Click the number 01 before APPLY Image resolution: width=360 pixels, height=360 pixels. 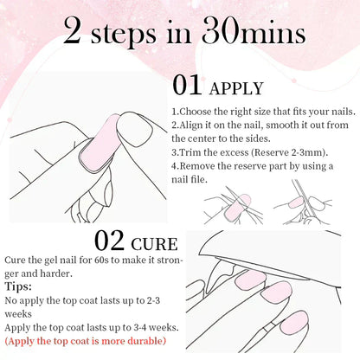[x=187, y=85]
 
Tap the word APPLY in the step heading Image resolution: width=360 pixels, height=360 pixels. [x=236, y=88]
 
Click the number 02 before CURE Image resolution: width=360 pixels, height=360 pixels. [x=109, y=241]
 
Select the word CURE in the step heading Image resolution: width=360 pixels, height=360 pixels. [x=154, y=244]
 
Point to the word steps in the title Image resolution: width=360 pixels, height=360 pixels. [x=124, y=35]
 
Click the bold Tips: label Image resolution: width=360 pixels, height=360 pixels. [x=18, y=286]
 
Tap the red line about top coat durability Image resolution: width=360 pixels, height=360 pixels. [x=86, y=341]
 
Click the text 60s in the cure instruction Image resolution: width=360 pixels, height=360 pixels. [x=101, y=260]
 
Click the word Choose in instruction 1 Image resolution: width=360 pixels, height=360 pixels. [x=196, y=112]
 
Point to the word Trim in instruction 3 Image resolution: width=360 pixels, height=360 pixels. [x=190, y=152]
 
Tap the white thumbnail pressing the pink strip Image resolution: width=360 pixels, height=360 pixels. [x=134, y=129]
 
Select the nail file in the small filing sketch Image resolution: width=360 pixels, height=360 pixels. [x=303, y=198]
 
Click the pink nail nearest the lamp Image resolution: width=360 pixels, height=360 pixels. [x=251, y=280]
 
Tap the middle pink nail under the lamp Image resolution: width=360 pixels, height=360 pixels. [x=277, y=292]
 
